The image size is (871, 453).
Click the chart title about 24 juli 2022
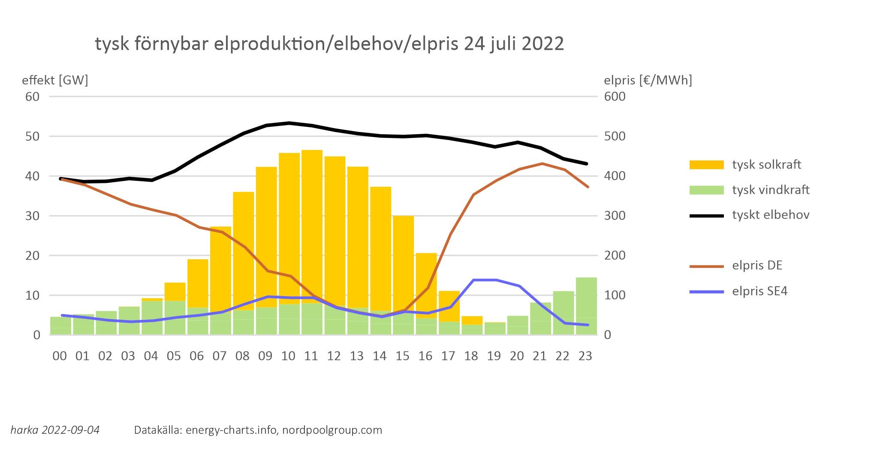coord(329,44)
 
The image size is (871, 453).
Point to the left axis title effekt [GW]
coord(55,80)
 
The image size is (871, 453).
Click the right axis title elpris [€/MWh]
coord(648,80)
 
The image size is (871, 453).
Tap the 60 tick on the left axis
coord(33,96)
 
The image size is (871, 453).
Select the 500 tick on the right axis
coord(615,136)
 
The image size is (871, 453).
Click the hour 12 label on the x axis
coord(334,356)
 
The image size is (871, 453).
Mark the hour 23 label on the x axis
coord(585,356)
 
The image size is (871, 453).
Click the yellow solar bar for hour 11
coord(312,223)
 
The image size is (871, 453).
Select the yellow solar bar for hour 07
coord(220,266)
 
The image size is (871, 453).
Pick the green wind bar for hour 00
coord(60,326)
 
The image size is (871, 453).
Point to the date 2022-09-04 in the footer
coord(71,430)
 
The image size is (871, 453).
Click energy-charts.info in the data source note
coord(231,430)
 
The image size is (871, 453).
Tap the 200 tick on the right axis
coord(615,255)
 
